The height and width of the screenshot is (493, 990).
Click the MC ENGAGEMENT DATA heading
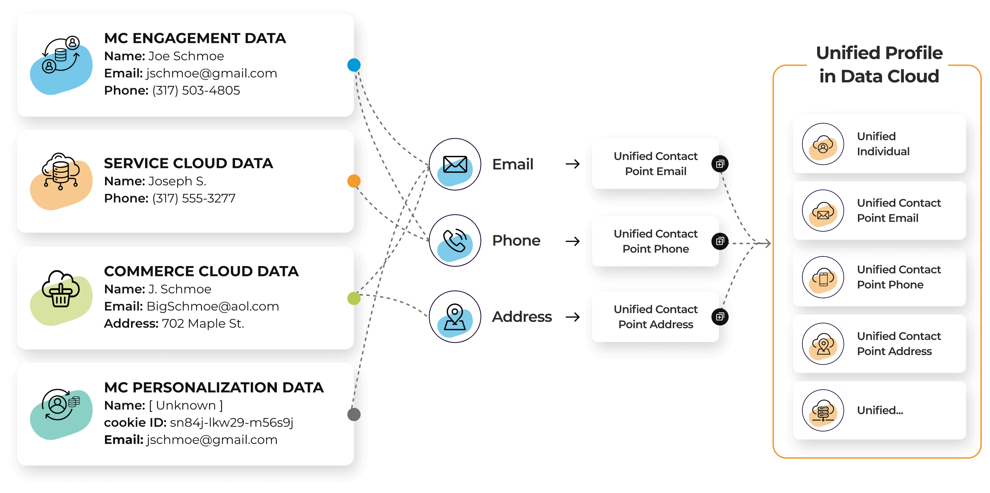coord(195,38)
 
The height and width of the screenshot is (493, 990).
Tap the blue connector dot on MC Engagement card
coord(354,65)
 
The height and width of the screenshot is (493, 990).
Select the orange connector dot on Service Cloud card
coord(354,181)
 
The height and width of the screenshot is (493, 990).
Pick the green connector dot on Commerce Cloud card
coord(354,298)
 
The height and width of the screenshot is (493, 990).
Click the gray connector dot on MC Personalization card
coord(354,414)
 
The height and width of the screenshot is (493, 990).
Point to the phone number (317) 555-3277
coord(194,198)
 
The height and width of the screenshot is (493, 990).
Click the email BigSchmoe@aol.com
coord(213,306)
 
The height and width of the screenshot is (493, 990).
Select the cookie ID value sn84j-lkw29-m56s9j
coord(231,422)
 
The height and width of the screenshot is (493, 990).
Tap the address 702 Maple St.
coord(203,323)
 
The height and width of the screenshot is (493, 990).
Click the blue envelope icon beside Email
coord(455,165)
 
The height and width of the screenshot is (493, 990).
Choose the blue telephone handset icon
coord(455,241)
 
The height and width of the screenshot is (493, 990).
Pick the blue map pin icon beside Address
coord(455,318)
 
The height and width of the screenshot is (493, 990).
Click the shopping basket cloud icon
coord(61,289)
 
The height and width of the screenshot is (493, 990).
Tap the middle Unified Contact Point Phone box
coord(655,241)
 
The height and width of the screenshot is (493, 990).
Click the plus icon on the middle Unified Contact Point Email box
coord(720,164)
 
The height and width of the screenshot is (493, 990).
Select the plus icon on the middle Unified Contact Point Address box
coord(720,317)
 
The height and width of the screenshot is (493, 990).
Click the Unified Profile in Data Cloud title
coord(879,65)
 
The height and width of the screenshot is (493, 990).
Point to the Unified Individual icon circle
coord(823,144)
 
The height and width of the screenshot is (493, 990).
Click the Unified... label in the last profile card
coord(880,410)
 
